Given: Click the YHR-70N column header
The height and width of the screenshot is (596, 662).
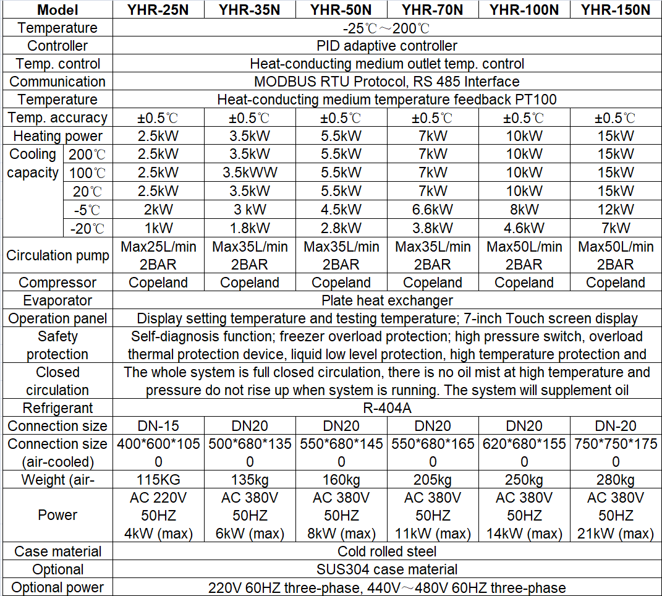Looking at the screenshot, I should coord(433,9).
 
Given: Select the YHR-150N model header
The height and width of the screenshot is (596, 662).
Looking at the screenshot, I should coord(616,9).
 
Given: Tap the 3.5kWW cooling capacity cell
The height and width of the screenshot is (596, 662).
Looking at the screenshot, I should coord(250,172).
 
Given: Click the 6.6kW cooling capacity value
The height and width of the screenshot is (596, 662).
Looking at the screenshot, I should coord(433,209).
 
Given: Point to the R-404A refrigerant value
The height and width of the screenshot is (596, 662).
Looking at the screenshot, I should coord(387,408).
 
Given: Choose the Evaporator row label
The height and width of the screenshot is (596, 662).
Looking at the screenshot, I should coord(57,300).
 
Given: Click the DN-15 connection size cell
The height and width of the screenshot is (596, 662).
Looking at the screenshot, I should coord(158,426).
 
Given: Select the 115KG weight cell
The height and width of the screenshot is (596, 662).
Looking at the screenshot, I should coord(158,480).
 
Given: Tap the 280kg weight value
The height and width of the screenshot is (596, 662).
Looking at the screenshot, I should coord(616,480).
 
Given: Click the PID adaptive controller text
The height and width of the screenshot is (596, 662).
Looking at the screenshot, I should coord(387,46).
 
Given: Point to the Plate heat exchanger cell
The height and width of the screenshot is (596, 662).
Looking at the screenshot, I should coord(387,300).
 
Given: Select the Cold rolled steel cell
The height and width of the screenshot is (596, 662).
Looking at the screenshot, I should coord(387,551).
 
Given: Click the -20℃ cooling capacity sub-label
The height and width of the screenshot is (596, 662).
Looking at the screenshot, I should coord(88,228).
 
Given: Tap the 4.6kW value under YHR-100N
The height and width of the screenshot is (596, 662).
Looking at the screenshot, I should coord(524,228).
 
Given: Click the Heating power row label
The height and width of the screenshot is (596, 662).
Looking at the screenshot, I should coord(57,136).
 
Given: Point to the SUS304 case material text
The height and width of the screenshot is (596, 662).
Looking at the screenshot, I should coord(387,569).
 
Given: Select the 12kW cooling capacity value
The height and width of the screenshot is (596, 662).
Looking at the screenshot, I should coord(616,209).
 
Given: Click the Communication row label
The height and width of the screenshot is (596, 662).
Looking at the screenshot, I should coord(57,82).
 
